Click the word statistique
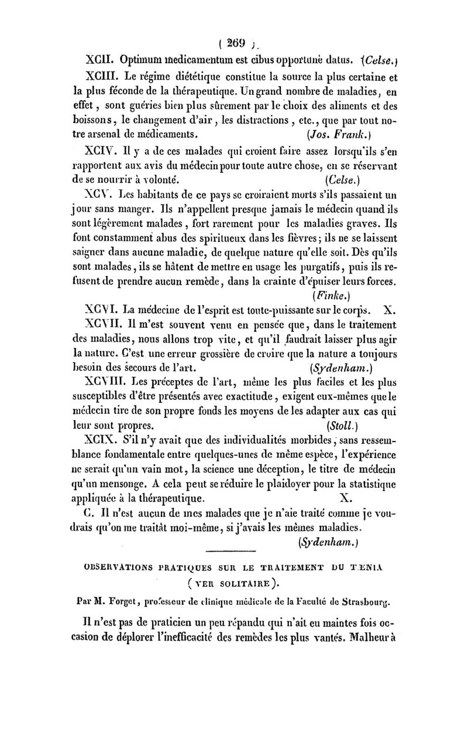(x=371, y=484)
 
